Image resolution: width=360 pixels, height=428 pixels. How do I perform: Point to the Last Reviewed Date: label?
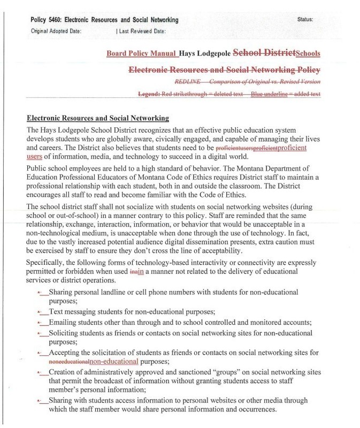point(143,30)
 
